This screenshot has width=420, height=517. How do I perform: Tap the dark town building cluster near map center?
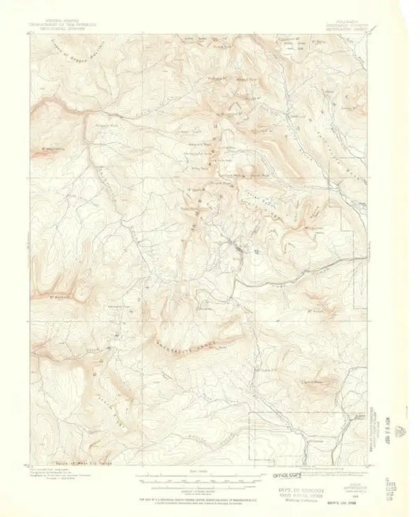point(237,251)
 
